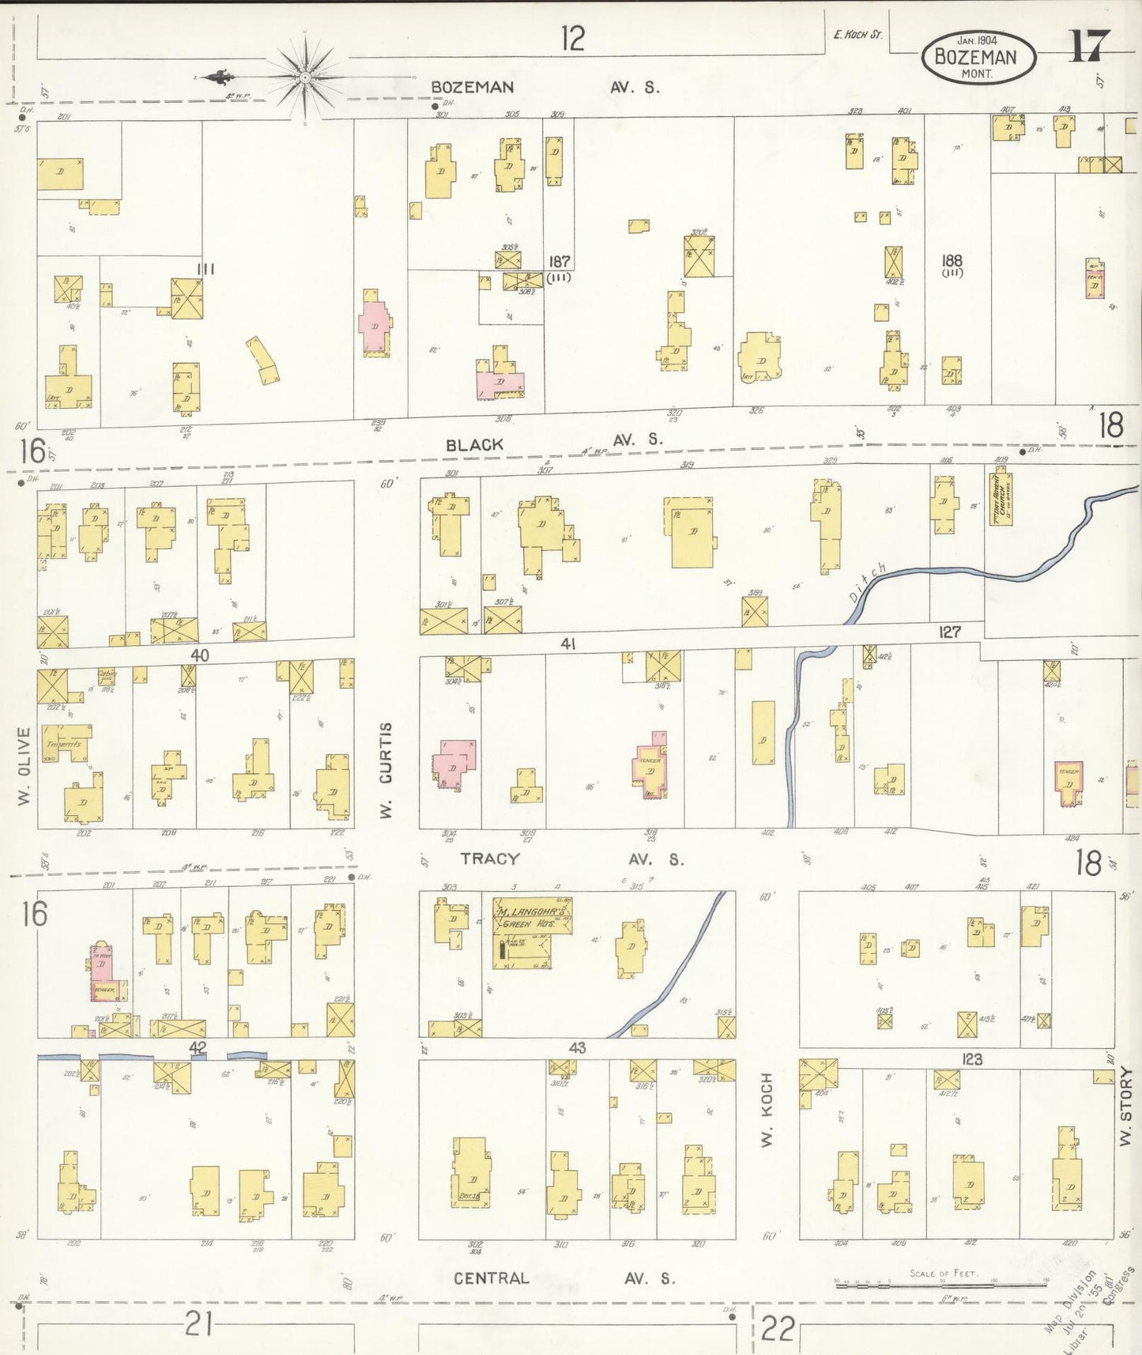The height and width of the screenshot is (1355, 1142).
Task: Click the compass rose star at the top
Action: coord(304,77)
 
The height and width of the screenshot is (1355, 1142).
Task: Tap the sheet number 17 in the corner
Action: coord(1090,45)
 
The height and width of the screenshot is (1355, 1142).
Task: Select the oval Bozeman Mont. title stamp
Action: coord(978,57)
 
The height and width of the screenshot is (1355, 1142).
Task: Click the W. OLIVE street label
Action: coord(24,766)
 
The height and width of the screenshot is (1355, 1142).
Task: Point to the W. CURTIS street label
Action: coord(386,769)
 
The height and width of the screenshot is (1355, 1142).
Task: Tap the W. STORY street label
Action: coord(1125,1106)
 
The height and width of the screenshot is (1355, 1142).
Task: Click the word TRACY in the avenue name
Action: coord(490,859)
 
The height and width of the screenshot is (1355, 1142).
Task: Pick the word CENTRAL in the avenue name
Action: coord(491,1278)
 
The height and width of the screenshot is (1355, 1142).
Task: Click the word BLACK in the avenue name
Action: coord(474,445)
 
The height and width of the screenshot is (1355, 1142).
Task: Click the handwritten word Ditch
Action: coord(868,583)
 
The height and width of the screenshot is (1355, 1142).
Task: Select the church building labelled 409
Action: coord(1002,499)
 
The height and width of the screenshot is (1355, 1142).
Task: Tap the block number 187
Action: coord(560,261)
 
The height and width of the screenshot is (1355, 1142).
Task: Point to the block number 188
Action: coord(952,259)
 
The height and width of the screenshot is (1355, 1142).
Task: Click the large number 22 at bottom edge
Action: coord(777,1328)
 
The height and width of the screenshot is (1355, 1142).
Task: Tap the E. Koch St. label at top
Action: coord(857,34)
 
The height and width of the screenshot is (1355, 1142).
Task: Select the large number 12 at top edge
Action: coord(573,37)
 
